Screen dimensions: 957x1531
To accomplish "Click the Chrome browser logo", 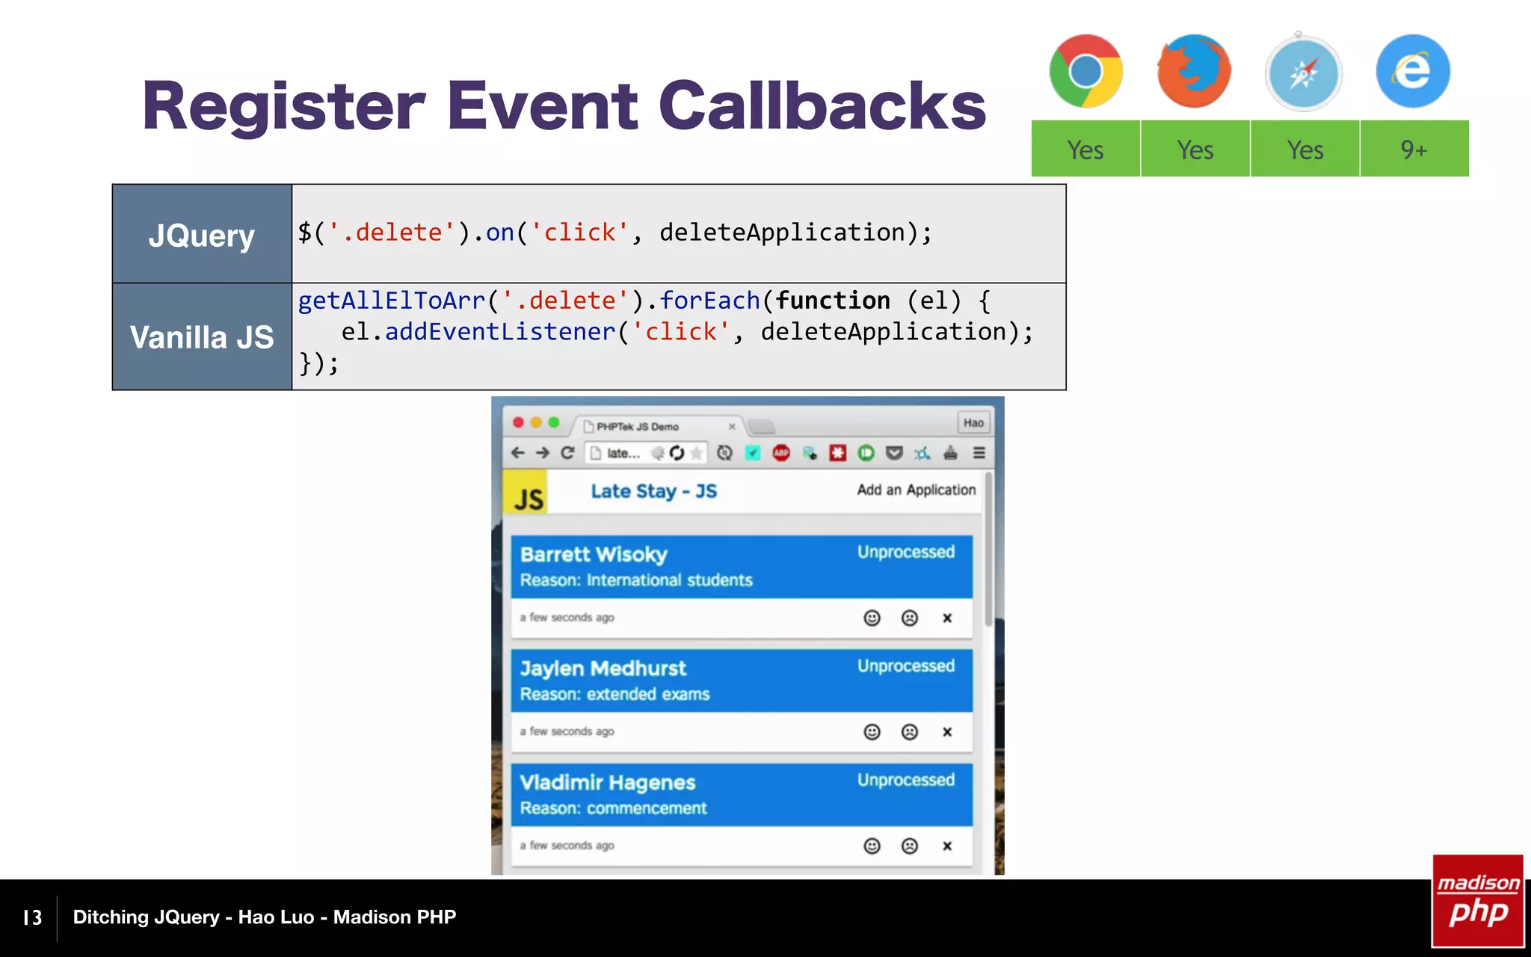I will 1085,72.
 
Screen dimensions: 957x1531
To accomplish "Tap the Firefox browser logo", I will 1194,72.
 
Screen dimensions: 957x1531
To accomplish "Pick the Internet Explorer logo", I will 1413,72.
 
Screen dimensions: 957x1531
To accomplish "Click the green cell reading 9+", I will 1414,150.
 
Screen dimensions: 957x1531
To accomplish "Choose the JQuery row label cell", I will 202,235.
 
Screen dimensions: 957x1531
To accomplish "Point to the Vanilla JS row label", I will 202,337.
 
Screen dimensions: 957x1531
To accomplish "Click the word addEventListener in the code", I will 500,332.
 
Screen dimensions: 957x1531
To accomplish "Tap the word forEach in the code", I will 709,301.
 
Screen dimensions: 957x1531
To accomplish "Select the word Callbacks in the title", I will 822,106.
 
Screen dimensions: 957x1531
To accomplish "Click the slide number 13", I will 32,917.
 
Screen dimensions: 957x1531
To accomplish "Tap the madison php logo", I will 1478,901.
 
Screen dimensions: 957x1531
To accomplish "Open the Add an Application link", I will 916,490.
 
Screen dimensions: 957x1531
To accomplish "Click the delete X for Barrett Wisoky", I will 947,618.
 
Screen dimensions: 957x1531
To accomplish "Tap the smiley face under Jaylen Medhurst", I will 872,732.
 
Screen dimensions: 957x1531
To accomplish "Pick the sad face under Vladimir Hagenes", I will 909,846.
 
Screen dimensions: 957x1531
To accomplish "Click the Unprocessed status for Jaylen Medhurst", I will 905,666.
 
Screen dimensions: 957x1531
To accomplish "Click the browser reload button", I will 567,453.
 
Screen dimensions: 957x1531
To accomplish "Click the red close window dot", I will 518,422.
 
